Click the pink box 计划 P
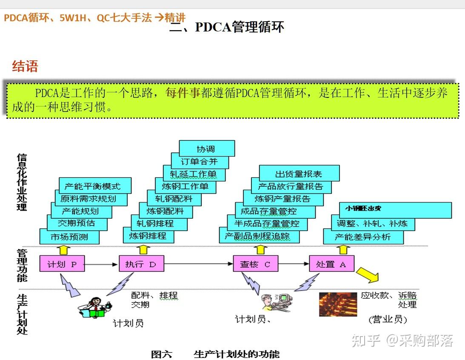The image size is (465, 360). tap(62, 264)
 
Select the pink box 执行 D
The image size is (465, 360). tap(141, 264)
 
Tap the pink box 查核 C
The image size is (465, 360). tap(255, 264)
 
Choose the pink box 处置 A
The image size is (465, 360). tap(331, 264)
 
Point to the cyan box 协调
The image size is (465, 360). tap(206, 149)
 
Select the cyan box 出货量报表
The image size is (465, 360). tap(299, 174)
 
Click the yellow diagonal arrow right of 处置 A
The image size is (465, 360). tap(367, 274)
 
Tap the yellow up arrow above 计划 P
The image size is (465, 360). tap(63, 249)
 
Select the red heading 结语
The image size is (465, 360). tap(25, 66)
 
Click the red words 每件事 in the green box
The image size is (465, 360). tap(183, 93)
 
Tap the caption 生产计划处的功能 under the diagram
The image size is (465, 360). tap(237, 354)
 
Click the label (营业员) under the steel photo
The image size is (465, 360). tap(388, 320)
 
